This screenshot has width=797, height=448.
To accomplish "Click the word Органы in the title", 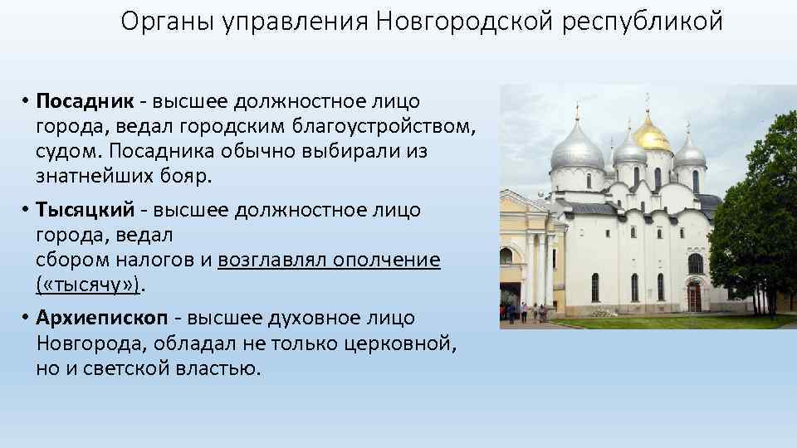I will click(166, 22).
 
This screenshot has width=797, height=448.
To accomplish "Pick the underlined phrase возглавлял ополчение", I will click(329, 261).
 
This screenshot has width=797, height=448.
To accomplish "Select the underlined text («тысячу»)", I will click(90, 285).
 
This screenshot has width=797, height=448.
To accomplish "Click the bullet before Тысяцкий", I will click(27, 211).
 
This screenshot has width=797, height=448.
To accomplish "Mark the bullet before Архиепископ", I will click(27, 319).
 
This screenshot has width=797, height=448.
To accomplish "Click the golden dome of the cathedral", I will click(652, 133).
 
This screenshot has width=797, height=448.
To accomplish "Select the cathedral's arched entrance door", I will click(694, 296).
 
